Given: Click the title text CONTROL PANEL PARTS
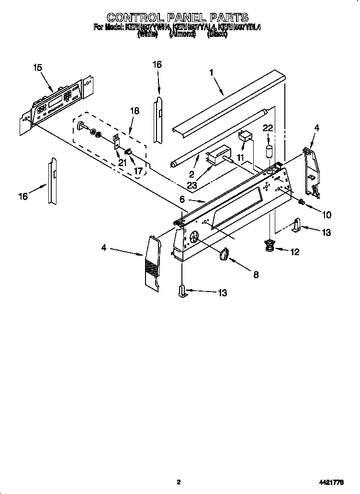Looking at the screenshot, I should click(x=177, y=19).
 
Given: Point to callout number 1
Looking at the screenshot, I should click(x=211, y=73).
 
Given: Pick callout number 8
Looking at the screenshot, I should click(x=256, y=274).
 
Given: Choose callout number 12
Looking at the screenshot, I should click(x=295, y=251).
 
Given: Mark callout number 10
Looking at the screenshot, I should click(x=327, y=215).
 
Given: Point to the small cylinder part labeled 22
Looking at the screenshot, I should click(x=269, y=151).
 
